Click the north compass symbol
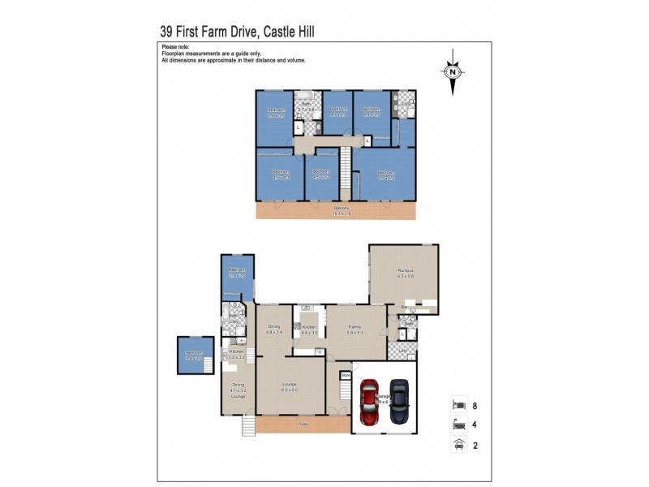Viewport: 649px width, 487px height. [453, 71]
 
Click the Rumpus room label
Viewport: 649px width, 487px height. [406, 273]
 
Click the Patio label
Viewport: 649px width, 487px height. [303, 424]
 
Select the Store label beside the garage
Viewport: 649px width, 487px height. [345, 375]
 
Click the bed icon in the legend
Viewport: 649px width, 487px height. [458, 404]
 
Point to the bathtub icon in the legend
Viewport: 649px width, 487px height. [458, 424]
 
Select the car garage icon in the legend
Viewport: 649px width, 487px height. [458, 444]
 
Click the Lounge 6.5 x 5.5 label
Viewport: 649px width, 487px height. [290, 386]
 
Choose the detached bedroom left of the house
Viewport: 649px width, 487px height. [194, 356]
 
